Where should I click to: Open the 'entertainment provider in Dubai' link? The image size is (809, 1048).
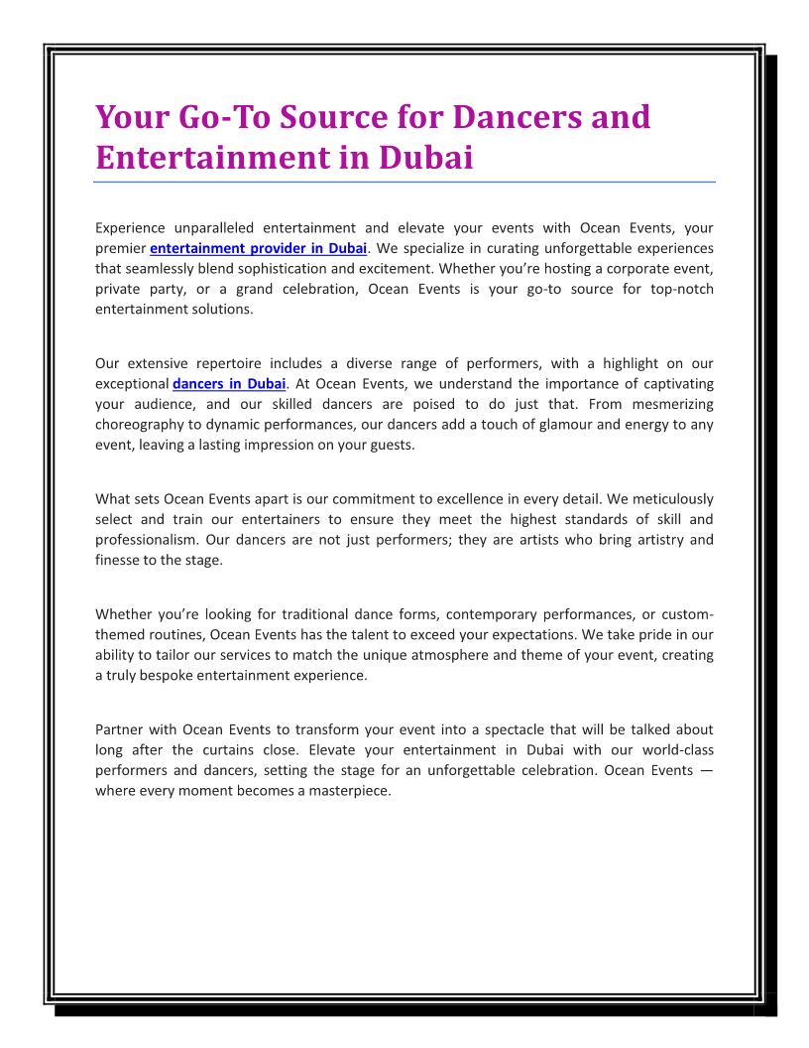(258, 248)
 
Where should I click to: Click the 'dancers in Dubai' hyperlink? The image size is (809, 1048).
(229, 384)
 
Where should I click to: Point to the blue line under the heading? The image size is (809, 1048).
(404, 182)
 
